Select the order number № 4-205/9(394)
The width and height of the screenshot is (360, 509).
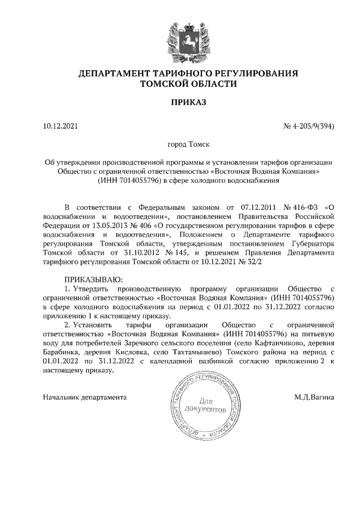[308, 126]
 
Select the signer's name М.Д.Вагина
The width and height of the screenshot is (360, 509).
[314, 397]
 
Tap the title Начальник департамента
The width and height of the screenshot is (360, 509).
[84, 397]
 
